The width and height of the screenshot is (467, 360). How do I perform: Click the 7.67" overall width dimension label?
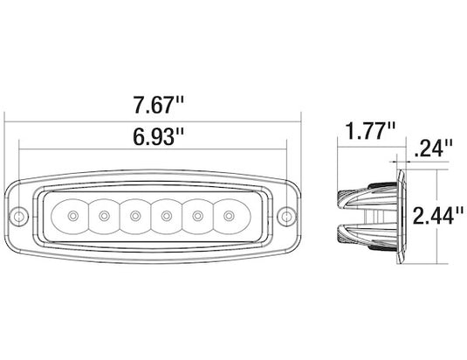tap(159, 105)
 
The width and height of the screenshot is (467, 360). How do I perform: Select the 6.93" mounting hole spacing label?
tap(159, 136)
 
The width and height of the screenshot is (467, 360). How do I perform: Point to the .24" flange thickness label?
tap(433, 149)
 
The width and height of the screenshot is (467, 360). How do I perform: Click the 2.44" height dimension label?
tap(438, 215)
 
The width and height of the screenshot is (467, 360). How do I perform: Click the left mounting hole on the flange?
tap(18, 216)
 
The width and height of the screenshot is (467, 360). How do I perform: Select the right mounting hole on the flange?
tap(286, 216)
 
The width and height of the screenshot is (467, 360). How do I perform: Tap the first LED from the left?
tap(73, 216)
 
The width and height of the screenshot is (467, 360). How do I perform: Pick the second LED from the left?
tap(104, 216)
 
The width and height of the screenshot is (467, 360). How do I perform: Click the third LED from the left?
tap(135, 216)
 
